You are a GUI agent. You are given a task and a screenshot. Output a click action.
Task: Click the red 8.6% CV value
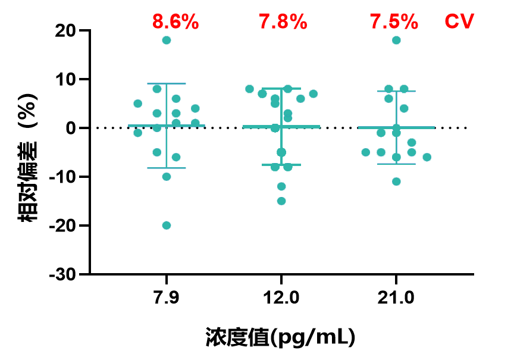coord(175,23)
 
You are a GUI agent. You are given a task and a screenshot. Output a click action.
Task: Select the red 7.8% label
coord(283,23)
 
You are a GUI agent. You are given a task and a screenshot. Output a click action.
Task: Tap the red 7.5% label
coord(394,23)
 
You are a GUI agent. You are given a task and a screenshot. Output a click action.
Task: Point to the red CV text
coord(459,23)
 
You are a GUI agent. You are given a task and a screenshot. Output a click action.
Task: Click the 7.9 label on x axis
coord(167,298)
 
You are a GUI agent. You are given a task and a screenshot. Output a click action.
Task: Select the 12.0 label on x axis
coord(281,298)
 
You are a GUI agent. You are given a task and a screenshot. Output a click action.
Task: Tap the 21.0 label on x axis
coord(396,298)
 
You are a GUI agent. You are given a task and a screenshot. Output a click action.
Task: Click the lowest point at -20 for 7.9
coord(167,226)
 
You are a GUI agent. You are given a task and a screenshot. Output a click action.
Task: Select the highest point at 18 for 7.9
coord(167,40)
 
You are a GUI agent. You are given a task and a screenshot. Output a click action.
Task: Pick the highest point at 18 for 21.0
coord(396,40)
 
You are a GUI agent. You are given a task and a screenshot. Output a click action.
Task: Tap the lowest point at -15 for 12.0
coord(281,201)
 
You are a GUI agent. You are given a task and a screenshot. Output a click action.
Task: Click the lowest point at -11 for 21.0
coord(396,181)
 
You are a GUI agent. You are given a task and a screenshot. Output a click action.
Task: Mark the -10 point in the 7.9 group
coord(167,177)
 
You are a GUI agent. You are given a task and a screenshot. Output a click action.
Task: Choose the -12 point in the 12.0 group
coord(281,186)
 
